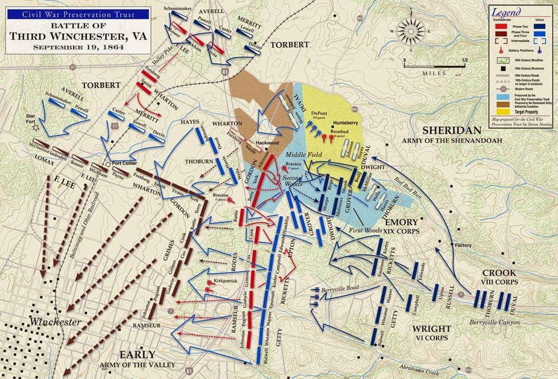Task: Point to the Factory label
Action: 463,246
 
